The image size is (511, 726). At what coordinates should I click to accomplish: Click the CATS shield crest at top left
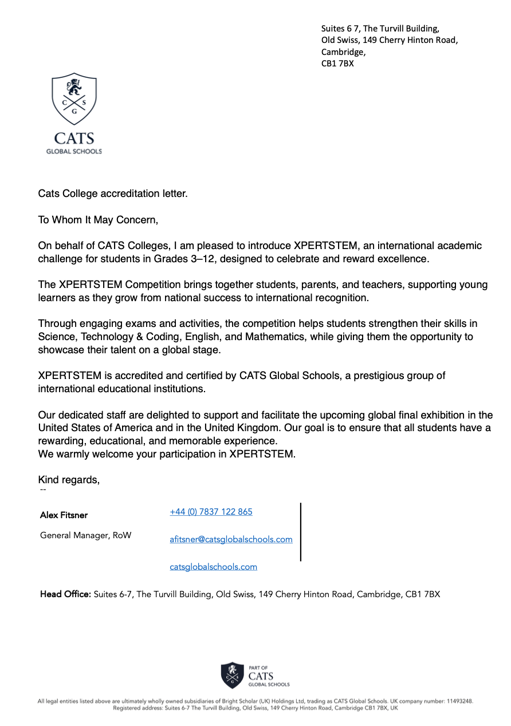[x=74, y=98]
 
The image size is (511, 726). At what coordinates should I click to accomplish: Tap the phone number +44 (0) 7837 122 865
[x=211, y=512]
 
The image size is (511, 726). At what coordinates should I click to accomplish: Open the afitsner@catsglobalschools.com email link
[x=231, y=539]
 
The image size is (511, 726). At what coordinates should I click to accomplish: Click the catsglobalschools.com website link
[x=213, y=567]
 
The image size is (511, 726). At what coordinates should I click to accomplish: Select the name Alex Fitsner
[x=64, y=515]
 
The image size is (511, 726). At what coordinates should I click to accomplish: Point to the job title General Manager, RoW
[x=85, y=535]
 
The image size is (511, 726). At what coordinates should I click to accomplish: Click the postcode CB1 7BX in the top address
[x=337, y=64]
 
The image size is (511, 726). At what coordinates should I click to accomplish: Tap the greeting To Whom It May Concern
[x=97, y=220]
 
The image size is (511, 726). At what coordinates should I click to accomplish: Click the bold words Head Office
[x=65, y=594]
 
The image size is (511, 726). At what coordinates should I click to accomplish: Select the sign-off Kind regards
[x=68, y=480]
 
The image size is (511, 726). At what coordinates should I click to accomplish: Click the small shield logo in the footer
[x=232, y=675]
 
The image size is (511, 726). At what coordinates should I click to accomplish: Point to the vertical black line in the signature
[x=301, y=532]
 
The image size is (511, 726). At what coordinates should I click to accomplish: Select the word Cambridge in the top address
[x=343, y=52]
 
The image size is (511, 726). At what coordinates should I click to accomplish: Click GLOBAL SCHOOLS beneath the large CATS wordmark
[x=74, y=151]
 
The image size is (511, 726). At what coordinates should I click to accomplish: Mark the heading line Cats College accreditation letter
[x=113, y=194]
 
